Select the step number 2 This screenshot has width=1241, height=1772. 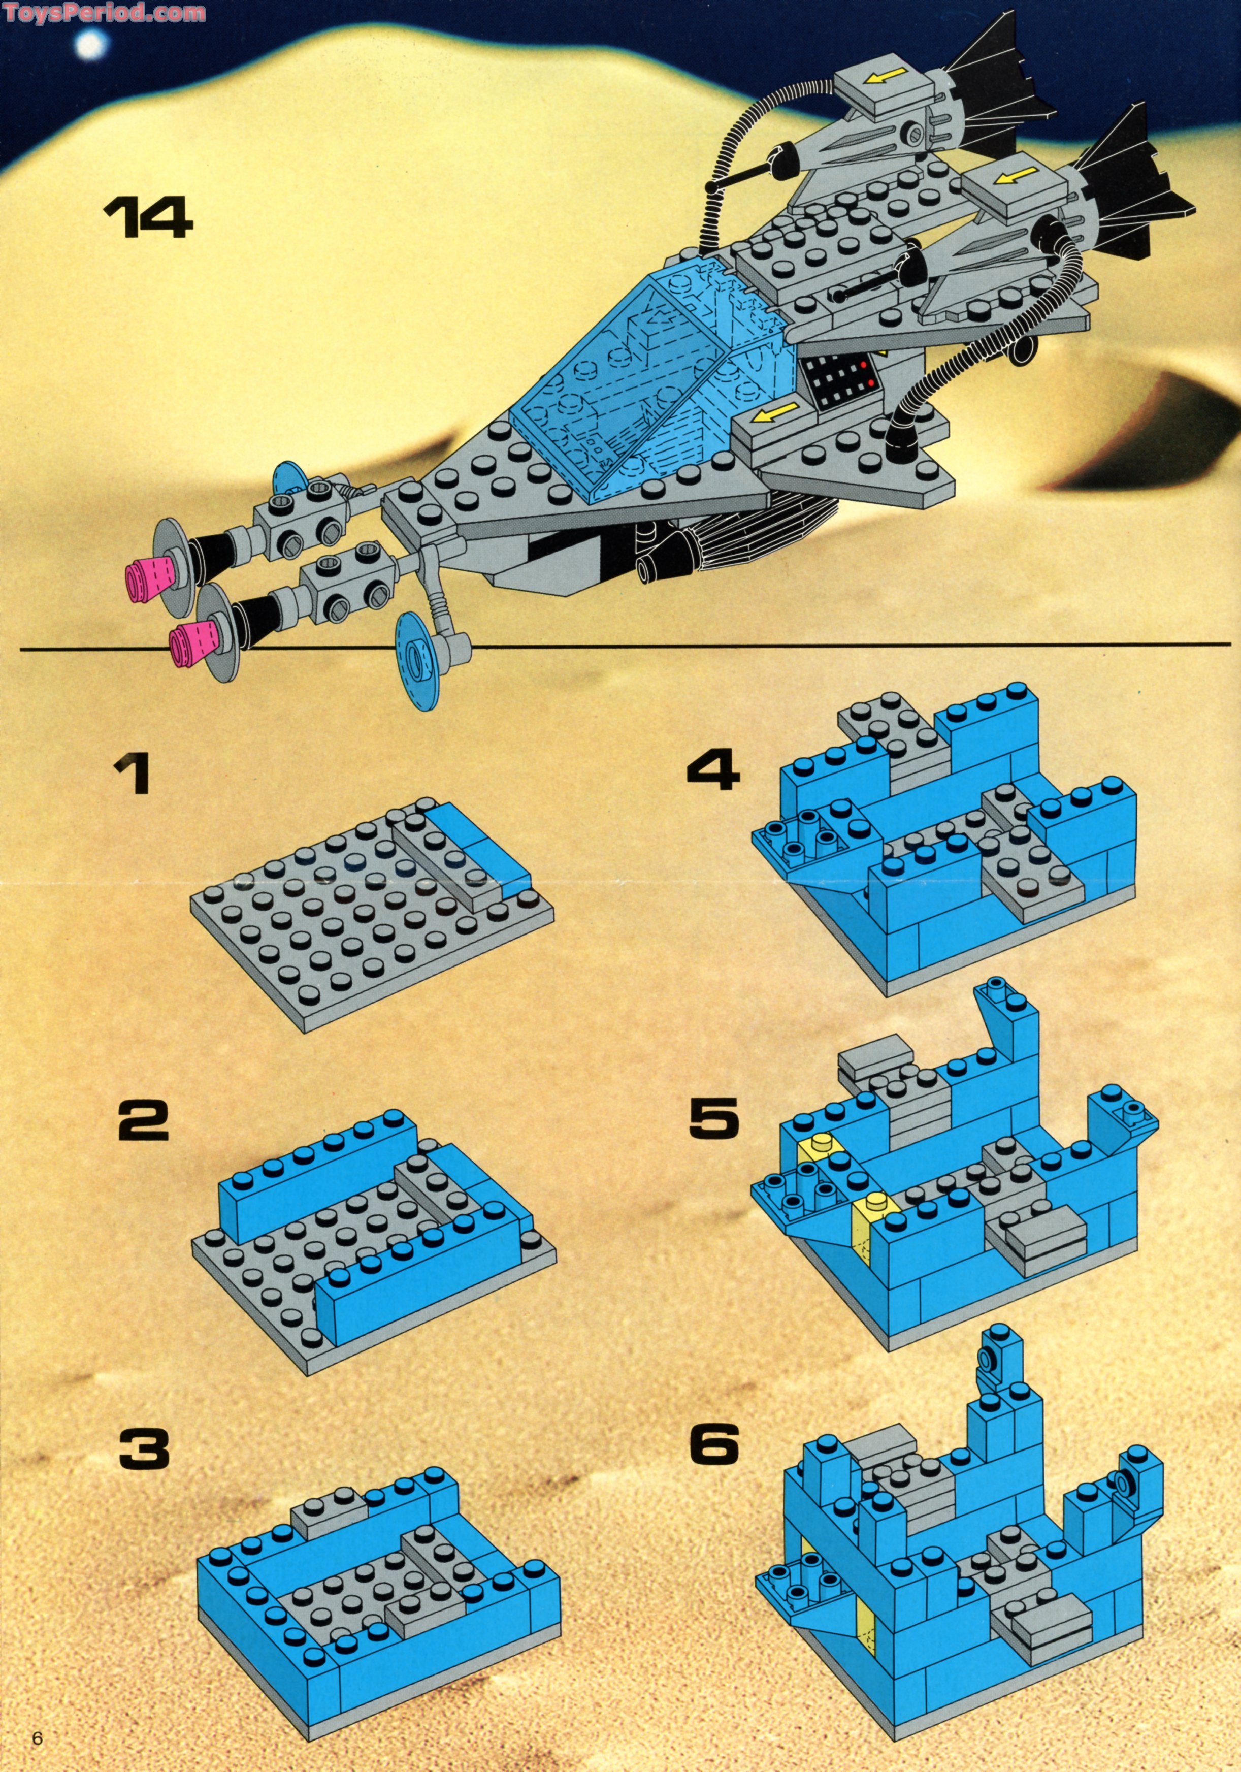click(x=144, y=1121)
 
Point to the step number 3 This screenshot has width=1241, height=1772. click(x=144, y=1448)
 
